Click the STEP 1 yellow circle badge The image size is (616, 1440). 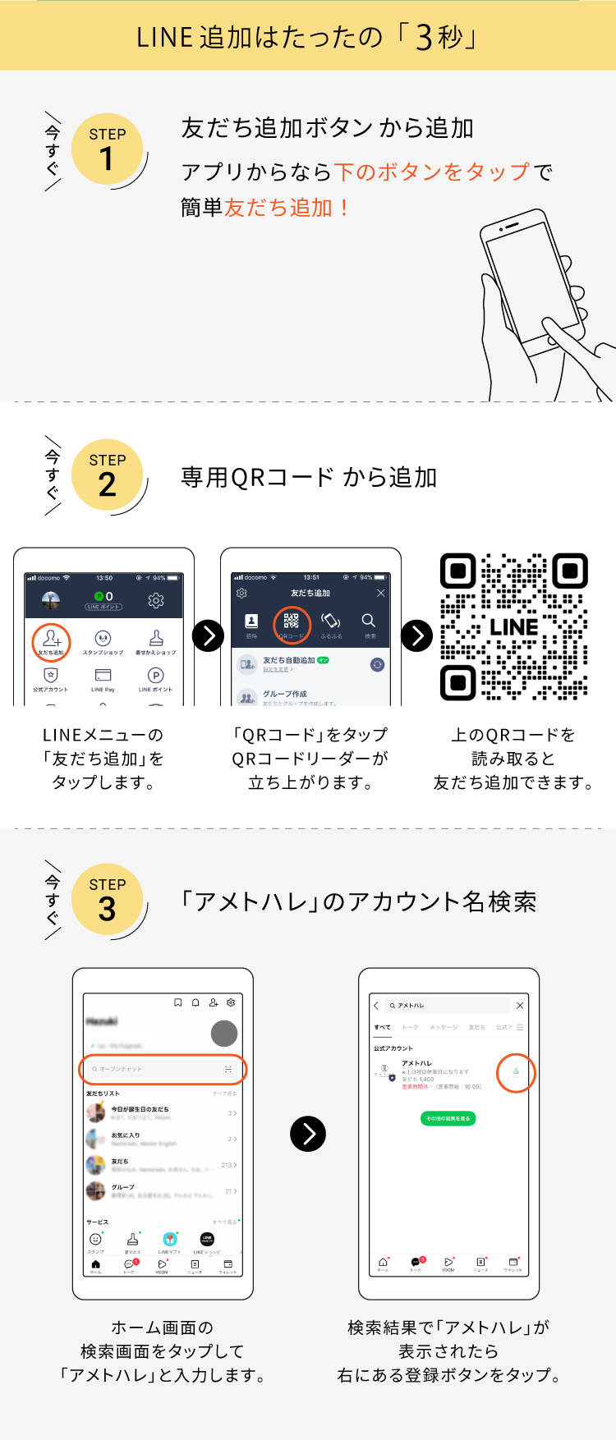point(107,149)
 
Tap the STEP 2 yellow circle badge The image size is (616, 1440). point(107,475)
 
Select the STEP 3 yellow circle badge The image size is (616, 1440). point(107,900)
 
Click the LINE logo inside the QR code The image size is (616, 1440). point(514,627)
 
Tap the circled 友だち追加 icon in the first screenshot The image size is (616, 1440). point(52,641)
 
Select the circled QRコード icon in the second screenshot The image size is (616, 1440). point(291,623)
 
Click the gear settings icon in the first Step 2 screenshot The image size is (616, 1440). point(155,601)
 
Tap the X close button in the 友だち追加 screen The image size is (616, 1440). point(380,593)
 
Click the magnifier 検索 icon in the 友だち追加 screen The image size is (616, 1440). point(369,621)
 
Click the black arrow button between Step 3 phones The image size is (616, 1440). point(308,1134)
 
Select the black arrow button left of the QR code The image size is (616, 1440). point(416,635)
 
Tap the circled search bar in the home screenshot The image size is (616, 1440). point(162,1069)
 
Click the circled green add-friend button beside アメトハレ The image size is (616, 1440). point(516,1072)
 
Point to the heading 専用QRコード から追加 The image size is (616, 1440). point(309,477)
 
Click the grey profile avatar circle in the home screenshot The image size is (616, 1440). point(224,1033)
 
